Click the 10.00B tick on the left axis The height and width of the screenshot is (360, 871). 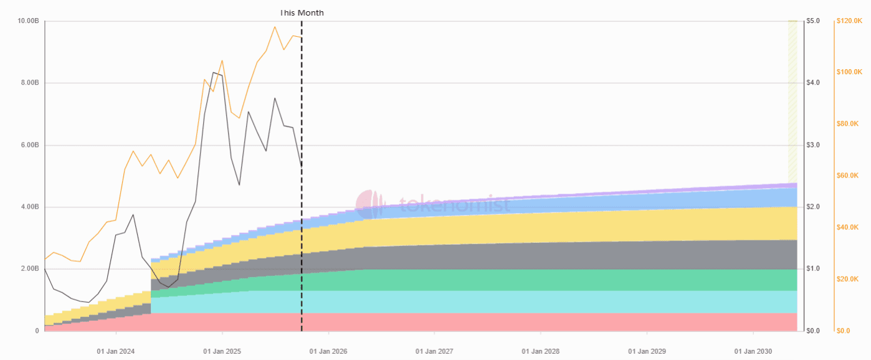coord(29,21)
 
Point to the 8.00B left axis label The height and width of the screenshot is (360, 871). coord(29,83)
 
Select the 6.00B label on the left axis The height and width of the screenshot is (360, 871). coord(29,145)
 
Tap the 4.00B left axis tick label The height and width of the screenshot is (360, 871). coord(29,207)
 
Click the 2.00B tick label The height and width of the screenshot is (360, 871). coord(29,269)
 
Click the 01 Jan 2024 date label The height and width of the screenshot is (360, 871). coord(115,352)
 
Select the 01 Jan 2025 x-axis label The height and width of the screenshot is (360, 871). coord(222,352)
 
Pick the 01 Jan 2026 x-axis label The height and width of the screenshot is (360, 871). coord(328,352)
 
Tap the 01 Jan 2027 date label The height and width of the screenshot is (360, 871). coord(434,352)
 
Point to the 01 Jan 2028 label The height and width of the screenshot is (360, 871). coord(540,352)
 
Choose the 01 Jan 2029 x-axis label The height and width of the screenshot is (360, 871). coord(647,352)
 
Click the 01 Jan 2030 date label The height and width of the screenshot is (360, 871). coord(753,352)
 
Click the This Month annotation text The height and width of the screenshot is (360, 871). coord(302,12)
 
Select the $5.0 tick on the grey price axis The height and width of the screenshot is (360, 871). coord(813,21)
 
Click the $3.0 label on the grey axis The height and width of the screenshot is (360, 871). coord(813,145)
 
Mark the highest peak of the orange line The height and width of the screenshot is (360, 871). coord(275,27)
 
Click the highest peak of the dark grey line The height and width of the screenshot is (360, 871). coord(214,72)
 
